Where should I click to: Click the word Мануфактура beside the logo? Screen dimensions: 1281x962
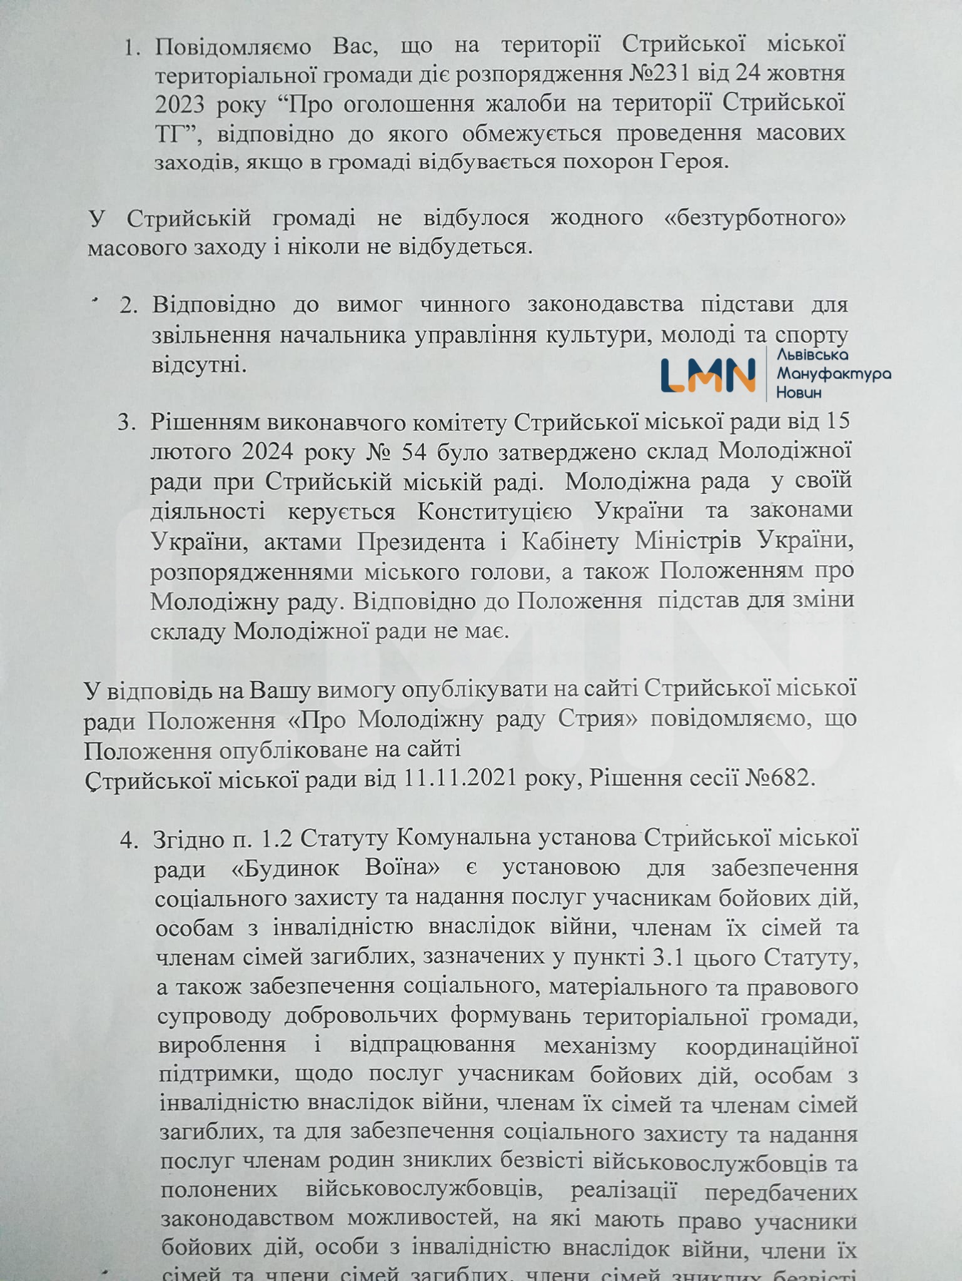point(833,374)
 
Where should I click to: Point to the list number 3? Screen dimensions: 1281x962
point(127,422)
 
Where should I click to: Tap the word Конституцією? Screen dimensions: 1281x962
point(494,511)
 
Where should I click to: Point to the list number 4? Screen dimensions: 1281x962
point(129,841)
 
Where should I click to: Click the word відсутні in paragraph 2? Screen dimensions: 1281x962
point(200,364)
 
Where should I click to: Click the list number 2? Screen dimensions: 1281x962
point(128,306)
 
